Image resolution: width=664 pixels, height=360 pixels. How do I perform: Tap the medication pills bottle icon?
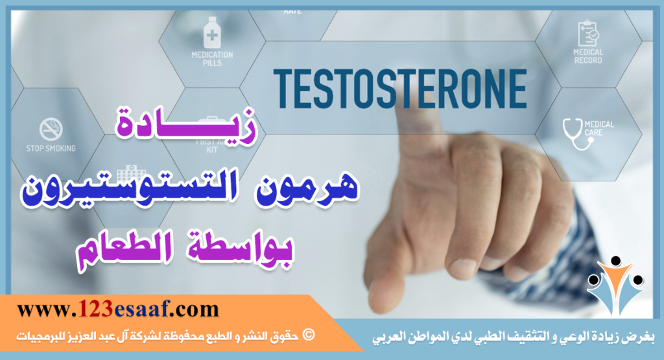coord(211,32)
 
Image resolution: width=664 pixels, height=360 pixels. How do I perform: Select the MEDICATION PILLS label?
coord(211,59)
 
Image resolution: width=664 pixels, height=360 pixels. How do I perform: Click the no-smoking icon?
coord(51,129)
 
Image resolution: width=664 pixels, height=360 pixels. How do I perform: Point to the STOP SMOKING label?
coord(51,149)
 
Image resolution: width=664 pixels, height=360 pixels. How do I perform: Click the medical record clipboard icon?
coord(587,32)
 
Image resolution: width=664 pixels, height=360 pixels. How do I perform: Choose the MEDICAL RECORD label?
coord(587,56)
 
